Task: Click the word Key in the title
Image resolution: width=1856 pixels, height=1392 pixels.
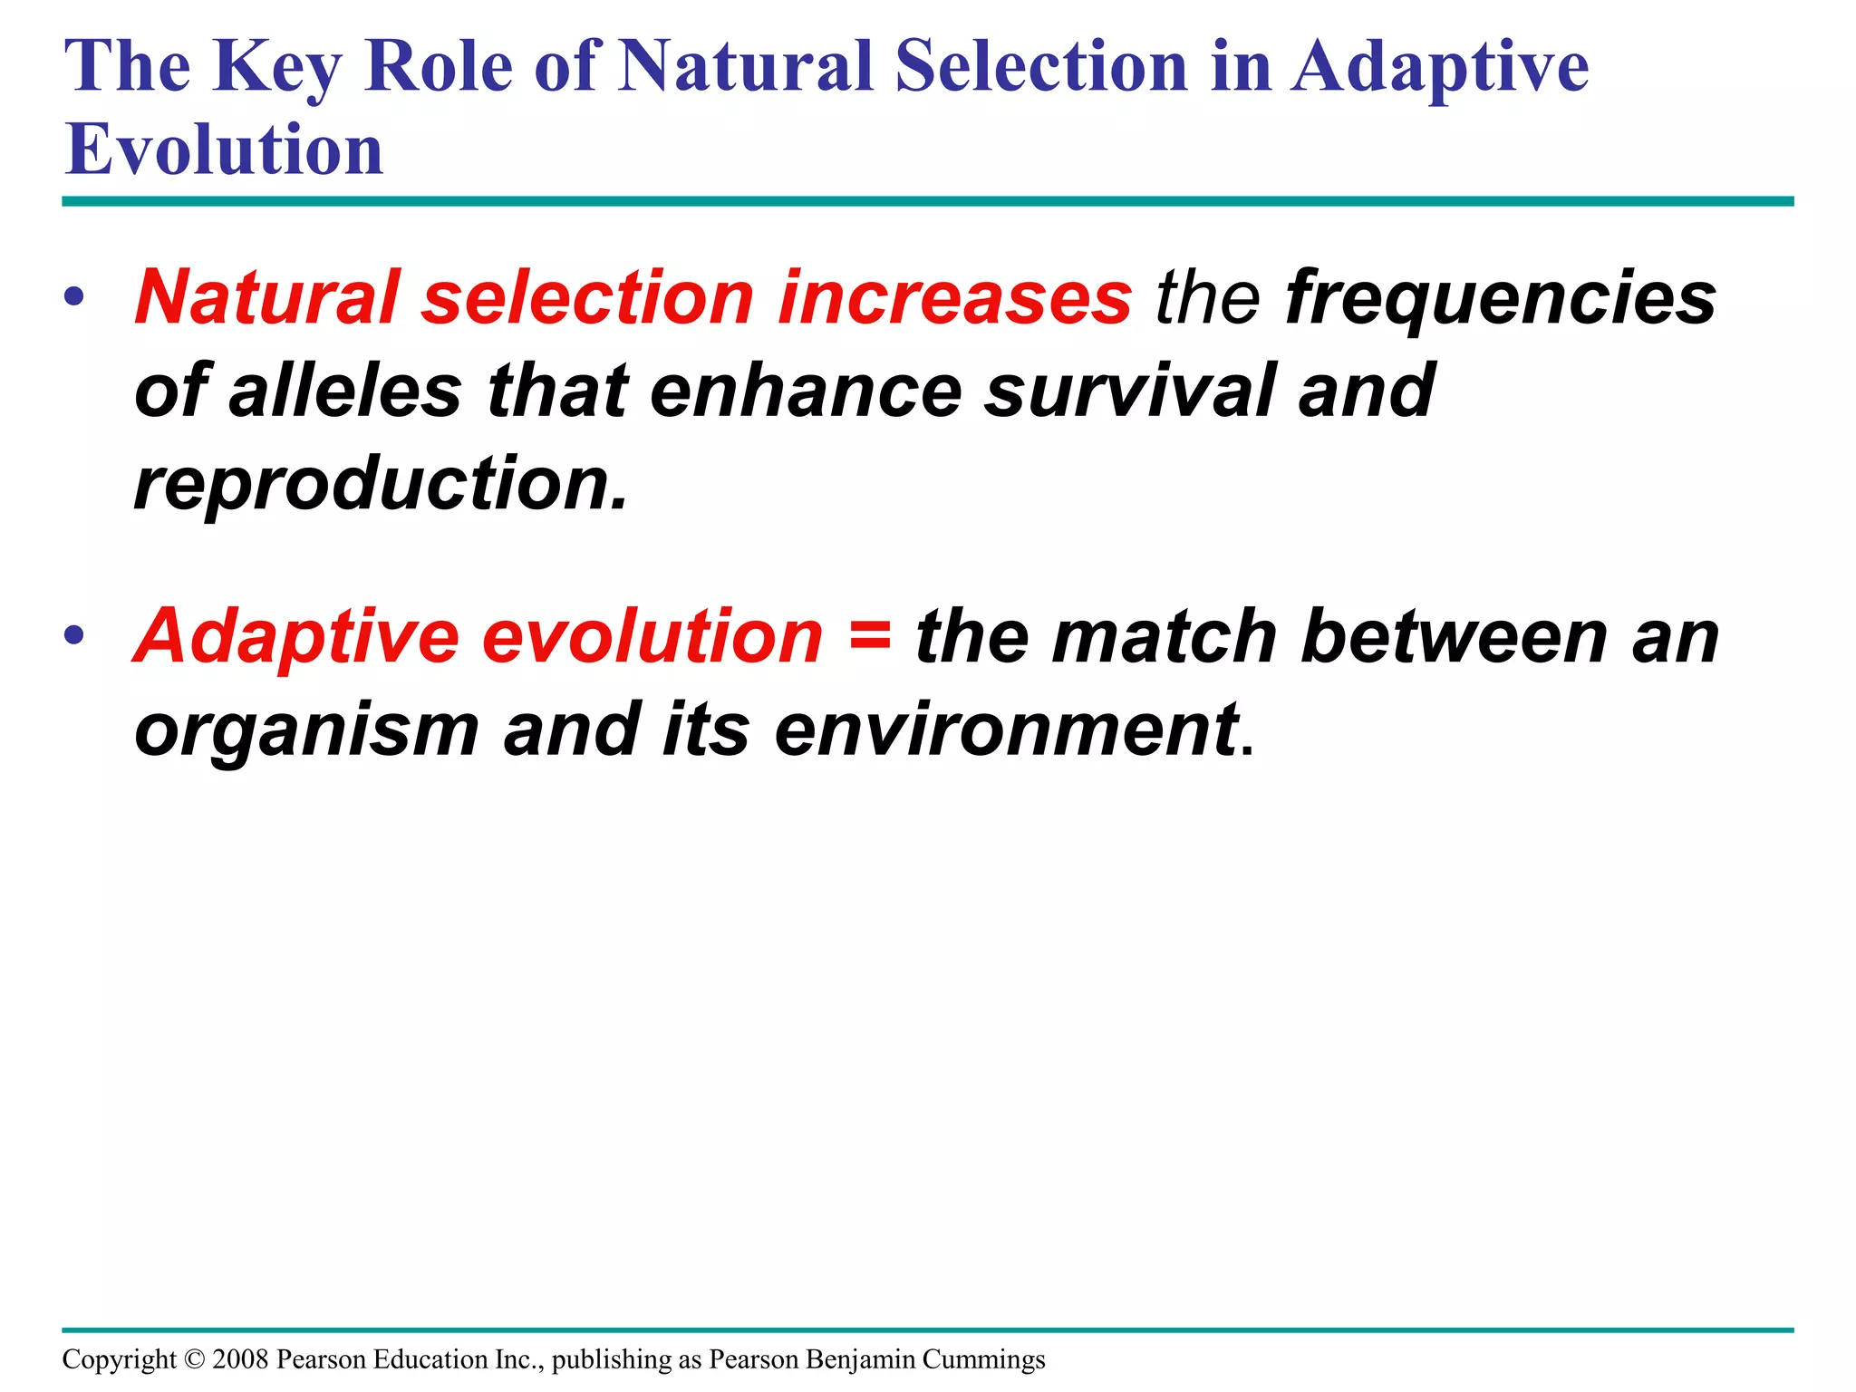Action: tap(276, 68)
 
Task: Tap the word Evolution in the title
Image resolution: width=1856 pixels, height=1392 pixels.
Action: tap(224, 150)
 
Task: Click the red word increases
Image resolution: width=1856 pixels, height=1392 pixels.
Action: tap(955, 298)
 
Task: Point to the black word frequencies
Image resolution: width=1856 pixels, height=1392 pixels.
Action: tap(1501, 298)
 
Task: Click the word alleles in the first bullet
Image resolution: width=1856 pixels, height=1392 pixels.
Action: tap(345, 391)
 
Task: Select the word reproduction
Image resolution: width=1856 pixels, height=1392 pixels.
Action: tap(381, 485)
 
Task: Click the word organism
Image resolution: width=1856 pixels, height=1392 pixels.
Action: tap(306, 730)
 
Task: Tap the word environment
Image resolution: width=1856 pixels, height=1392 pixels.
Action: tap(1007, 730)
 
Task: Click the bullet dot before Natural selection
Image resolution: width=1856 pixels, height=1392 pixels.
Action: tap(74, 297)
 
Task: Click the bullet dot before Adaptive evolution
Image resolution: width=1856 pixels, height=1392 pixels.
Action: tap(74, 635)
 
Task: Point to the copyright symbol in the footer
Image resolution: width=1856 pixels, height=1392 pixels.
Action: tap(194, 1359)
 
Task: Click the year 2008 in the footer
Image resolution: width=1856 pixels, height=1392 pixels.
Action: tap(240, 1359)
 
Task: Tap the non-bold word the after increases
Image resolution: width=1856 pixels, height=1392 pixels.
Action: tap(1207, 298)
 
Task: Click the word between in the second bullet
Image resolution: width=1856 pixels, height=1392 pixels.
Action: tap(1454, 636)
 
